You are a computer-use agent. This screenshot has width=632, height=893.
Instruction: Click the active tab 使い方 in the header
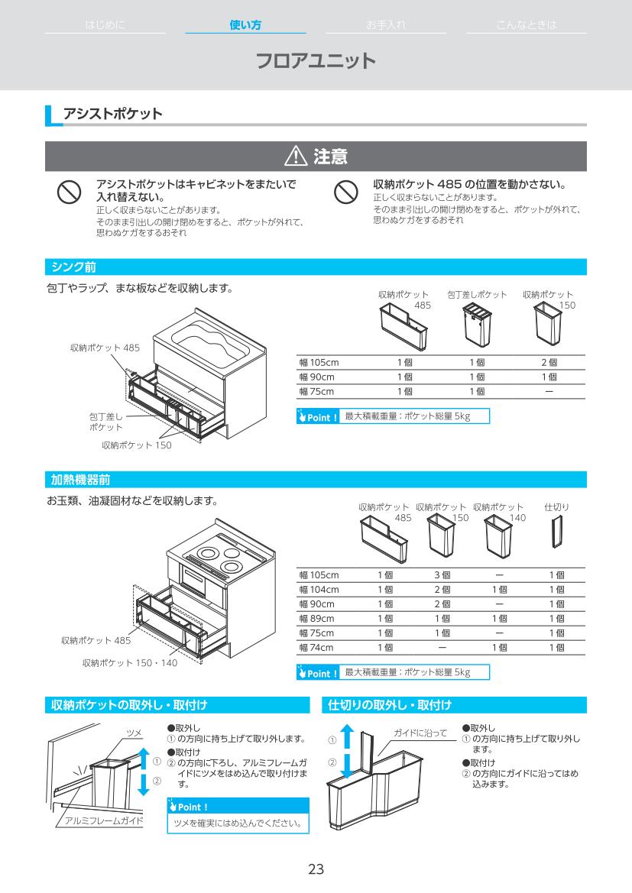tap(245, 25)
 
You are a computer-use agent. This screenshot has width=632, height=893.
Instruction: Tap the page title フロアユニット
tap(316, 61)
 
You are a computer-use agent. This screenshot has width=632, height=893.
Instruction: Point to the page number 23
tap(316, 869)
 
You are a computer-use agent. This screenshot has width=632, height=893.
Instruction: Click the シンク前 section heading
tap(73, 267)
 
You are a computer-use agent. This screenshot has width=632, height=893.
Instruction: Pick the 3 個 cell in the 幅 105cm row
tap(442, 574)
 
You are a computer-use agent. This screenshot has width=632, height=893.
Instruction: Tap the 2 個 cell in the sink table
tap(549, 362)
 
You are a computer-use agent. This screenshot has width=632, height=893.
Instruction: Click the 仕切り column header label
tap(556, 506)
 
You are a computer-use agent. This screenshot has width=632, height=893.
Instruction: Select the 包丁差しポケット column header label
tap(477, 294)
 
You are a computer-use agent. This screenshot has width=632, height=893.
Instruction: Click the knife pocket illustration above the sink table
tap(475, 325)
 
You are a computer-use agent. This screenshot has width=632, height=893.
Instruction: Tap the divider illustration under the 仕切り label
tap(556, 532)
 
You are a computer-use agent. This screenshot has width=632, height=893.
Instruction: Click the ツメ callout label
tap(134, 733)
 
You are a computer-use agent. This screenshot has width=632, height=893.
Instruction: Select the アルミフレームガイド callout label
tap(104, 820)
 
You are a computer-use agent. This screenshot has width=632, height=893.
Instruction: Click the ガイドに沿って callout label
tap(420, 733)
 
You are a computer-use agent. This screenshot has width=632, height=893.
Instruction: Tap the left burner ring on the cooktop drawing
tap(206, 553)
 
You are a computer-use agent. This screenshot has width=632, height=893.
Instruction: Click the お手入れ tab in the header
tap(386, 25)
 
